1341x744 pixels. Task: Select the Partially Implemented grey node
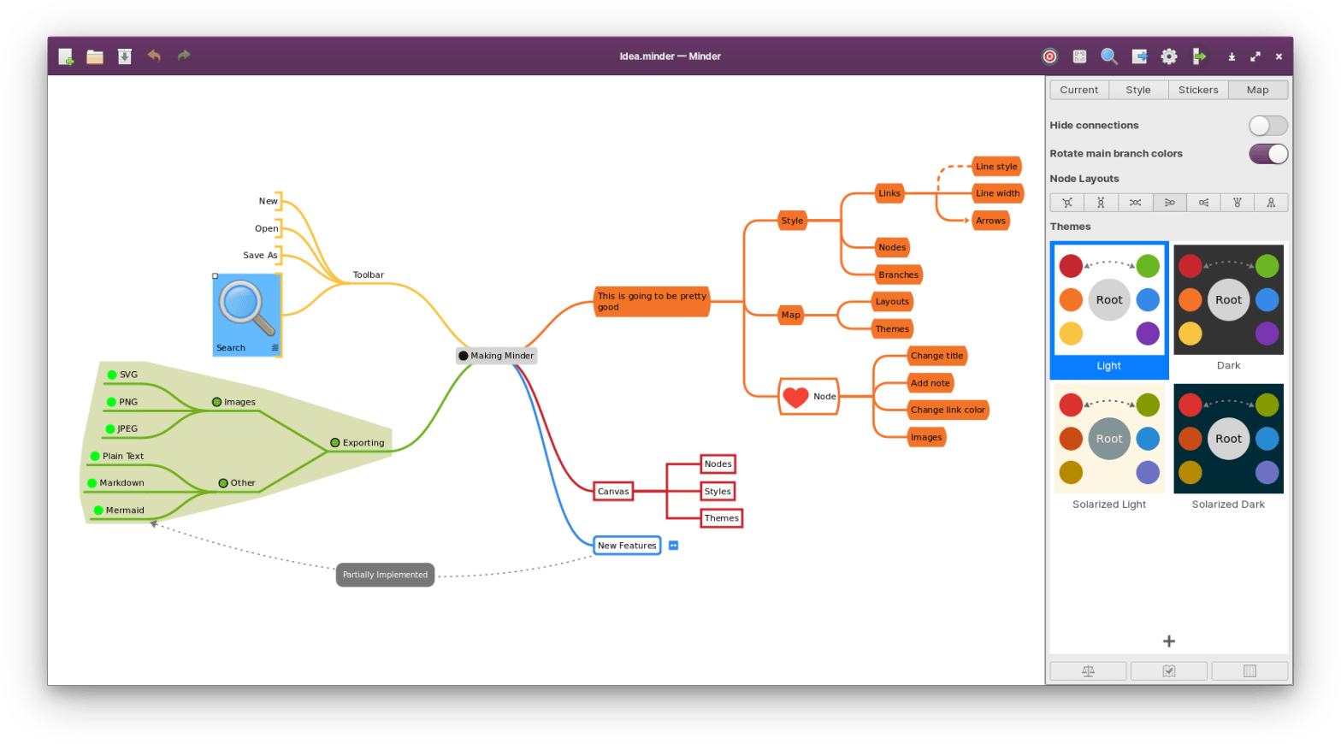click(x=385, y=575)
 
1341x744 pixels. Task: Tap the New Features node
click(x=627, y=546)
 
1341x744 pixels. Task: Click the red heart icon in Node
click(x=795, y=397)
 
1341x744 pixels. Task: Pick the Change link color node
click(x=948, y=410)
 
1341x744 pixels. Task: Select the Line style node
click(x=996, y=167)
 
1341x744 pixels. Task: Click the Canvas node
click(x=613, y=492)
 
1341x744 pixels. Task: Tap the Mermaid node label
click(x=125, y=511)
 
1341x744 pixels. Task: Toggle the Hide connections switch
click(x=1267, y=126)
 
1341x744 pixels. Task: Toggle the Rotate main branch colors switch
click(x=1267, y=154)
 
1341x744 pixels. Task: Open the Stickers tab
click(x=1197, y=90)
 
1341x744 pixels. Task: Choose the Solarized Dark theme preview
click(x=1228, y=439)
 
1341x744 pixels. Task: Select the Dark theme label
click(x=1228, y=366)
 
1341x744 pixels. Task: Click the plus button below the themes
click(x=1169, y=641)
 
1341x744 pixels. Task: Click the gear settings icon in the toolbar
click(x=1169, y=56)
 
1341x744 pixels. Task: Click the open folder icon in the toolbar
click(x=95, y=56)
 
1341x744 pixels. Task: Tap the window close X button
click(x=1279, y=56)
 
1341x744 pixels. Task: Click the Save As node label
click(x=260, y=255)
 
